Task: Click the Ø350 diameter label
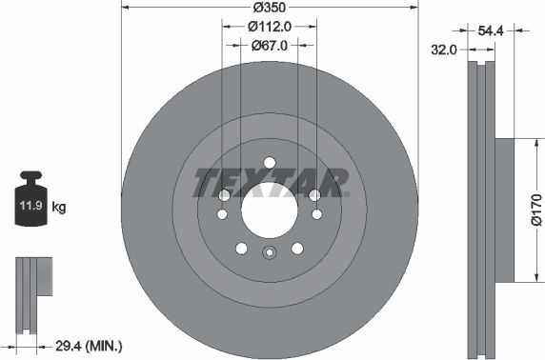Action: (x=271, y=12)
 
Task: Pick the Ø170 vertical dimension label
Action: (x=535, y=210)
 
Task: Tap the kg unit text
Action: (x=59, y=207)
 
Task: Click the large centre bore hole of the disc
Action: (x=269, y=207)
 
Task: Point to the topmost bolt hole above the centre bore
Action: (x=269, y=161)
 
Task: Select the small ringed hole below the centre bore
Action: (x=269, y=251)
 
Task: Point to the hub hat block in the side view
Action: (x=504, y=210)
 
